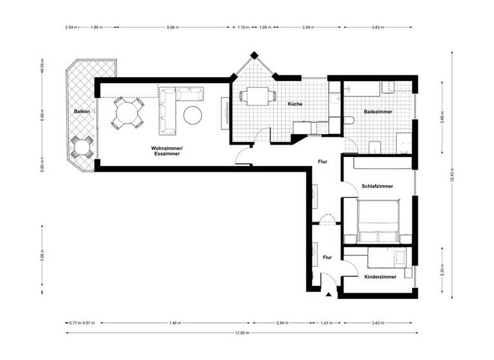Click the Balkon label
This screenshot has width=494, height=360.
81,111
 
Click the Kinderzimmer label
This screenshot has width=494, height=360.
380,277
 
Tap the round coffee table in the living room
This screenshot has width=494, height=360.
193,115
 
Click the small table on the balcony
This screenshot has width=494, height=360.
82,148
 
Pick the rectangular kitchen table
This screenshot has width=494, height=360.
257,97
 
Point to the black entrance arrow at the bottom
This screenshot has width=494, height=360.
329,295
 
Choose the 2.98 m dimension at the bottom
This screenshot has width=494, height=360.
280,323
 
